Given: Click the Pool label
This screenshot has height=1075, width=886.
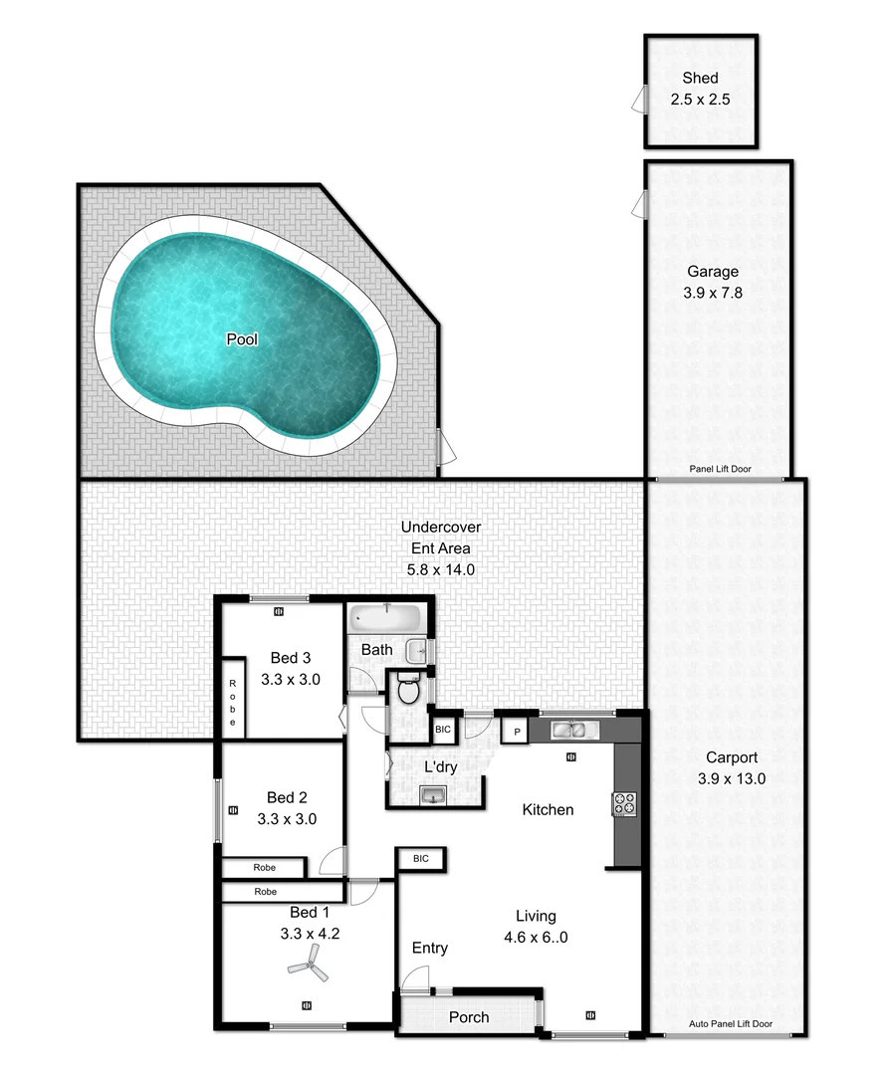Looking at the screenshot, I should [242, 339].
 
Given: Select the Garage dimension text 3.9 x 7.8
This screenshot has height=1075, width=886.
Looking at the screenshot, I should [713, 293].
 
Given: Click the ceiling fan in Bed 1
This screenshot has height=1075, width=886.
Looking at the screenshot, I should [307, 961].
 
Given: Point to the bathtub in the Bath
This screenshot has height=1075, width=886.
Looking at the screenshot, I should [385, 617].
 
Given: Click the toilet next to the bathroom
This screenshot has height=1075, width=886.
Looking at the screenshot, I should [407, 689].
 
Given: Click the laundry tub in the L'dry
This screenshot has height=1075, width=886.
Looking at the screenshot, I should [434, 794].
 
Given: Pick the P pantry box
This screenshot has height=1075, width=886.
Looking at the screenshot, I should [516, 731].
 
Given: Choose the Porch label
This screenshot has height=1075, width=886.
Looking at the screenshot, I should [469, 1016].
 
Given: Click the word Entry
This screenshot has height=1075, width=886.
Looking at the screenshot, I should [430, 948].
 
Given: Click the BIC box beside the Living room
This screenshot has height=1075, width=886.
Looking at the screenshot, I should [419, 857].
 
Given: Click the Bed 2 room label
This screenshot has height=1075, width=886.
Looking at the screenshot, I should [281, 797].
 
